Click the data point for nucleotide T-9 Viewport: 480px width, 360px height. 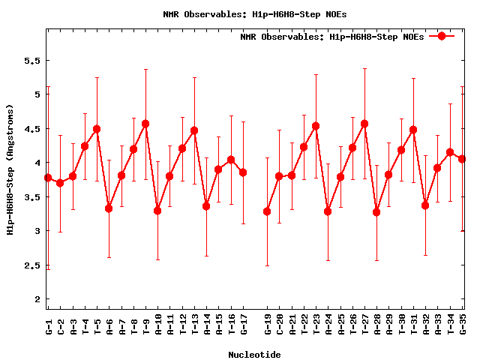(145, 124)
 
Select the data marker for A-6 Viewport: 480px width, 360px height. (109, 208)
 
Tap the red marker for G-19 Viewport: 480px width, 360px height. (267, 211)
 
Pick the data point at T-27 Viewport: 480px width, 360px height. (364, 124)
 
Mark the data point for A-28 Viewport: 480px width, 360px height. (376, 212)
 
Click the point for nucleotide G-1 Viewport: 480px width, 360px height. (48, 178)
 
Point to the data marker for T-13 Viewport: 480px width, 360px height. (194, 130)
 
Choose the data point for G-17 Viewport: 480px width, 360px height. (243, 172)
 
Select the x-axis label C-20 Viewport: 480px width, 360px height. (279, 328)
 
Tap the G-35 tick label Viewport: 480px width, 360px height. (463, 328)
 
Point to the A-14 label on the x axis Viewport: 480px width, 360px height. (206, 328)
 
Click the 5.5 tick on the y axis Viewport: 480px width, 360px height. (30, 60)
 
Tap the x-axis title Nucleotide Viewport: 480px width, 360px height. (254, 355)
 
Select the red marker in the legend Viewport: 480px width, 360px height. (442, 36)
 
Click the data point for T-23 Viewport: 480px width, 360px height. (316, 126)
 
